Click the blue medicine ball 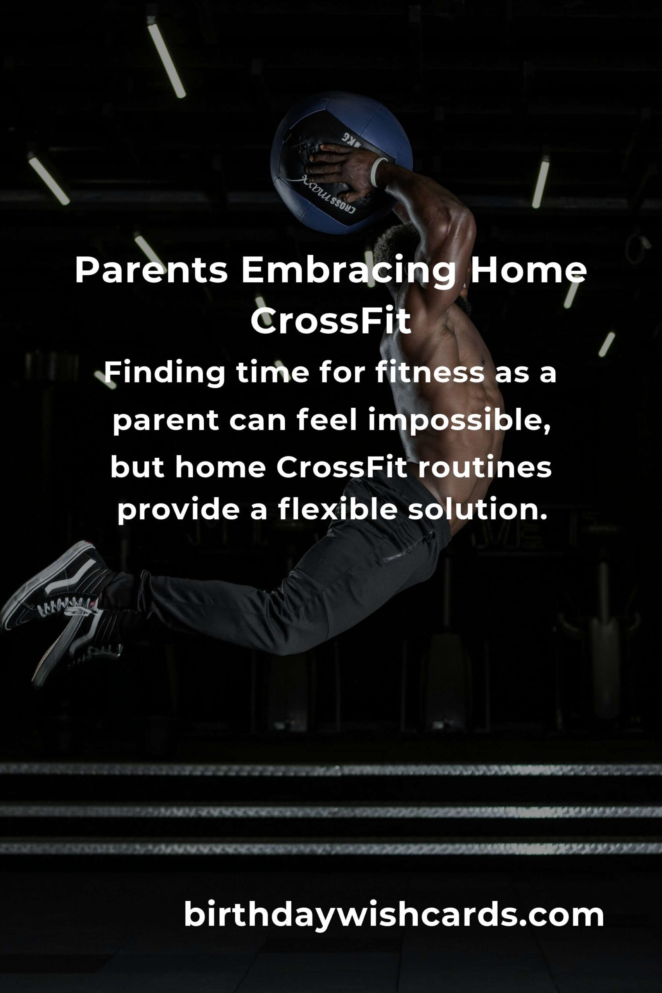click(341, 163)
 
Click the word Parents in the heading click(151, 271)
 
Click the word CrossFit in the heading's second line click(330, 321)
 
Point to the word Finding click(164, 374)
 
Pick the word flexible click(337, 510)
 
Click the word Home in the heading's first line click(528, 271)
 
